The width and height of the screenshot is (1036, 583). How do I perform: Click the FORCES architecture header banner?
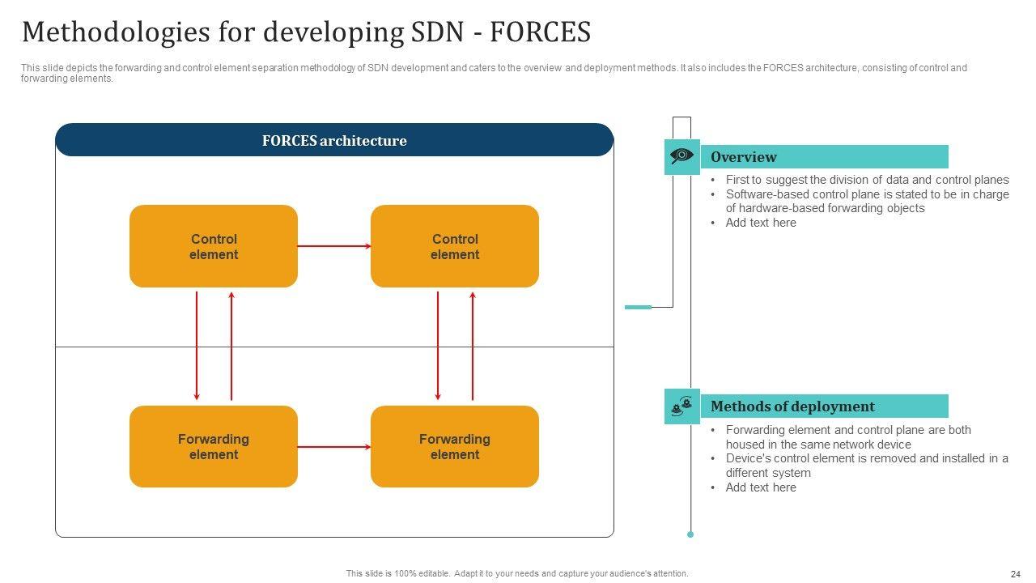(x=334, y=140)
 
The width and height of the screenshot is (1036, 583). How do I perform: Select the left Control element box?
(x=214, y=246)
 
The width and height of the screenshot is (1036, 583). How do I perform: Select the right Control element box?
(x=455, y=246)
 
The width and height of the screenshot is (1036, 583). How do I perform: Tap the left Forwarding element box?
(x=214, y=446)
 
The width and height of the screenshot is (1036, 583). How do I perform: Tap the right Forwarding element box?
(x=455, y=446)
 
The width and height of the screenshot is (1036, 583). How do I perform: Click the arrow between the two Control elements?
(x=334, y=246)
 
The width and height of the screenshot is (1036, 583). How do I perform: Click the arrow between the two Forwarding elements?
(x=334, y=447)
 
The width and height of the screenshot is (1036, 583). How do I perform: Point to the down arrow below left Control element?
(x=197, y=346)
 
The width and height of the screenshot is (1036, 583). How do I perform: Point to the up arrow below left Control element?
(x=231, y=346)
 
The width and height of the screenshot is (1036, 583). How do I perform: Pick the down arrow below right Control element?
(x=438, y=346)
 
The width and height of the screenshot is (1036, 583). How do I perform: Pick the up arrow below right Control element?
(x=473, y=346)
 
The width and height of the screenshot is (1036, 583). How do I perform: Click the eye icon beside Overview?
(x=681, y=156)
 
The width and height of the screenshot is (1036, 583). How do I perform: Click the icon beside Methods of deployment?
(x=681, y=406)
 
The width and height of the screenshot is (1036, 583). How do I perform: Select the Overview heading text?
(x=743, y=157)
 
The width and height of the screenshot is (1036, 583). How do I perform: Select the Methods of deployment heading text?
(x=792, y=406)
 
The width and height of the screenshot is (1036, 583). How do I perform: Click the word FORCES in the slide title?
(x=540, y=32)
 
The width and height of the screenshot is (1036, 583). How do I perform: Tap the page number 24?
(x=1016, y=574)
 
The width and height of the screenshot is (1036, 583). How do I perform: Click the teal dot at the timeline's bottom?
(x=690, y=534)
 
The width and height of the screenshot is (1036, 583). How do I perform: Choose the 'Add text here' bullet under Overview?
(x=761, y=223)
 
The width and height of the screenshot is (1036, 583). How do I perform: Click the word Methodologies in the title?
(x=116, y=32)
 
